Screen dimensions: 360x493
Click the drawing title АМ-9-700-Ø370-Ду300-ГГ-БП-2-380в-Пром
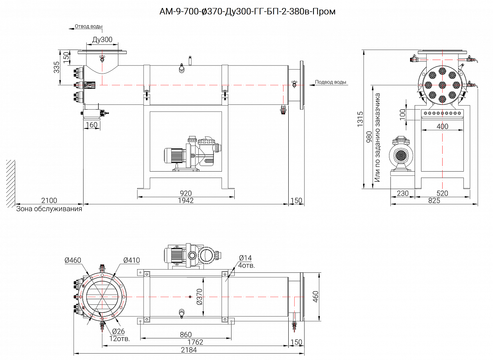tap(247, 12)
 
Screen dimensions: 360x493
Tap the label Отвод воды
tap(88, 26)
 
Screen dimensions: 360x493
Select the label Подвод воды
tap(331, 82)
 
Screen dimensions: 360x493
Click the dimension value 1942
tap(186, 200)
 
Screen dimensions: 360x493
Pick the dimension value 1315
tap(359, 119)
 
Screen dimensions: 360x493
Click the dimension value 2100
tap(49, 200)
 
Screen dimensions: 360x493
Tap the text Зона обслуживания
tap(49, 209)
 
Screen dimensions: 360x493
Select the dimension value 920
tap(186, 194)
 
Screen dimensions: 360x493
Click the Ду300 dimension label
tap(102, 40)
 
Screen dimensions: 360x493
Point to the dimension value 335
tap(57, 67)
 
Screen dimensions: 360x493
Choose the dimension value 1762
tap(195, 342)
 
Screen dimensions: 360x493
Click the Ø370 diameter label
tap(200, 296)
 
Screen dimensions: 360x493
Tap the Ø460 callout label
tap(73, 260)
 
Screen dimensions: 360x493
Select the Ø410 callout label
tap(131, 260)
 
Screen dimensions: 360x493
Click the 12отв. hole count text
tap(120, 338)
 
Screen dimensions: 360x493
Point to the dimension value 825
tap(434, 201)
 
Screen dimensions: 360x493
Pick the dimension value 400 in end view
tap(442, 126)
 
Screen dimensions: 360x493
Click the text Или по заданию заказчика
tap(377, 138)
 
